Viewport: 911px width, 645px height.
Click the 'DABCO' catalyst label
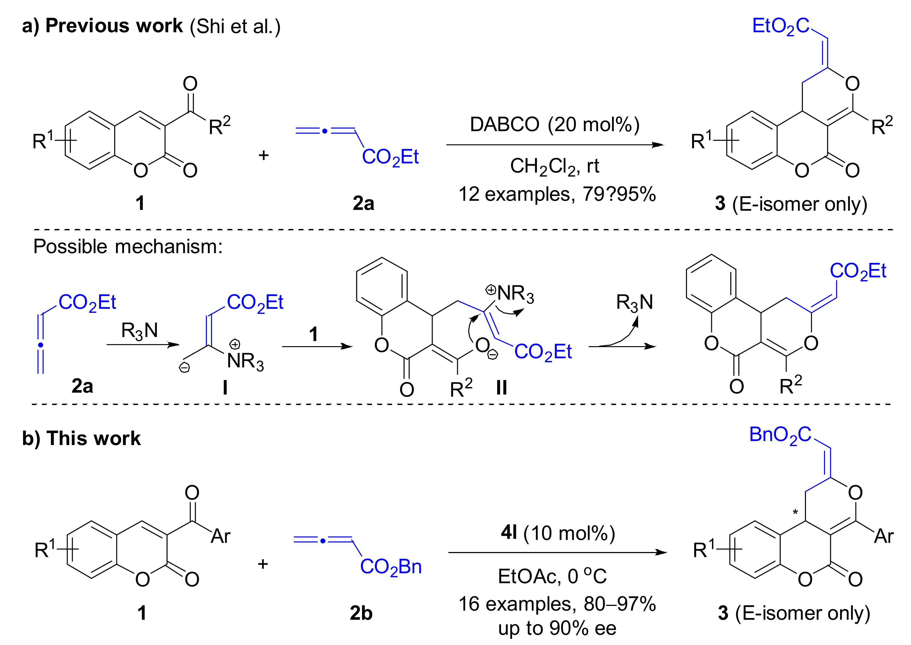pyautogui.click(x=504, y=125)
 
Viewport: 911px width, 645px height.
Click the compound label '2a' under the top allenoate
pyautogui.click(x=363, y=203)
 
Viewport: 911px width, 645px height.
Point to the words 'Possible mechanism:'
pyautogui.click(x=128, y=247)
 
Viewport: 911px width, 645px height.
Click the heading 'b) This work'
pyautogui.click(x=81, y=439)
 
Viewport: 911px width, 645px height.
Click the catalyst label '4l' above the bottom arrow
pyautogui.click(x=509, y=533)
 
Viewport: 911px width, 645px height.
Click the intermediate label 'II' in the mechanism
pyautogui.click(x=501, y=387)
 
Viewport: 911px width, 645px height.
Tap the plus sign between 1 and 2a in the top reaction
pyautogui.click(x=263, y=155)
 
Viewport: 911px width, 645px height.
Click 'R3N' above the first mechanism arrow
pyautogui.click(x=139, y=331)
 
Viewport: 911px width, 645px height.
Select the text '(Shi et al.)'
pyautogui.click(x=235, y=27)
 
